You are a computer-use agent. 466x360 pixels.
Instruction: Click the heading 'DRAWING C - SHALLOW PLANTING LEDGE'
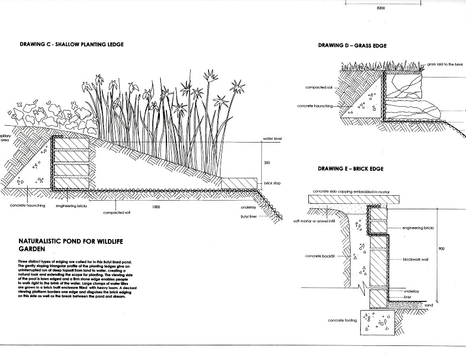click(x=72, y=44)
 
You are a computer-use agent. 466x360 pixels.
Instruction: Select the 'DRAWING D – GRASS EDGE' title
click(x=352, y=46)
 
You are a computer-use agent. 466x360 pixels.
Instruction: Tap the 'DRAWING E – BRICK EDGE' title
click(x=351, y=169)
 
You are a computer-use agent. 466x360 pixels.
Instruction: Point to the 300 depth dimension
click(x=267, y=162)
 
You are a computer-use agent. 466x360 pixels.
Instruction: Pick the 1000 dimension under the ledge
click(x=156, y=207)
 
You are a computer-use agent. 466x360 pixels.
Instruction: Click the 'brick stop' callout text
click(x=273, y=183)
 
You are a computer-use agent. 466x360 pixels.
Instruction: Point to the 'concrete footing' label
click(x=341, y=320)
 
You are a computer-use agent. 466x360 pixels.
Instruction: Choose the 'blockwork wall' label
click(x=416, y=260)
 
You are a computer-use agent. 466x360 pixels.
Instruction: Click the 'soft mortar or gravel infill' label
click(x=316, y=221)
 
